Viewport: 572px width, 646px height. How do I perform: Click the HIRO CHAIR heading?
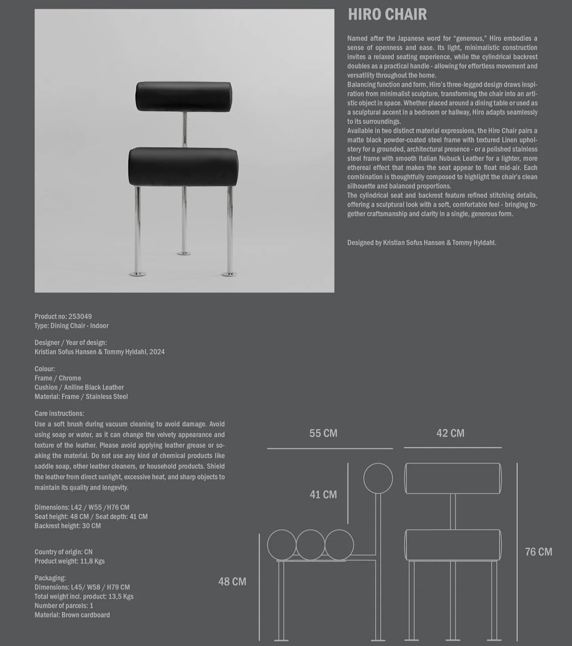387,15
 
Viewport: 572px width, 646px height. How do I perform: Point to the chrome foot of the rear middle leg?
183,253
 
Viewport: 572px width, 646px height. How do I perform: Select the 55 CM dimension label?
323,433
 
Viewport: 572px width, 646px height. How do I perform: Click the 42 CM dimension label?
450,433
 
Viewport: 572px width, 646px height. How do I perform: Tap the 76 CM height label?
538,552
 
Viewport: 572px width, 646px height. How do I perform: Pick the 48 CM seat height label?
232,582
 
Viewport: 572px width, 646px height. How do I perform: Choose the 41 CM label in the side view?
323,495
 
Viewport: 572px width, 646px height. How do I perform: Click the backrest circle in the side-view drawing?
378,478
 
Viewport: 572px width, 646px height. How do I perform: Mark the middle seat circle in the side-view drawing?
310,545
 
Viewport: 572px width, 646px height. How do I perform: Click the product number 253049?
80,316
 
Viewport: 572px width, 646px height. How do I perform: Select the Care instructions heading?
59,413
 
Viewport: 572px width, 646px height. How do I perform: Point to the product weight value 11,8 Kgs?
92,561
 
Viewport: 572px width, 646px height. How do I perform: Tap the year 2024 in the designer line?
157,352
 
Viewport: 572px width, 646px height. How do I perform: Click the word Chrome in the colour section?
70,378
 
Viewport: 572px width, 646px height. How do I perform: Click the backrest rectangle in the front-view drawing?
453,478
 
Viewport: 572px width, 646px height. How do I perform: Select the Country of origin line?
64,552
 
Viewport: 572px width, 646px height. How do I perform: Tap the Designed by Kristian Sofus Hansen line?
421,243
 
